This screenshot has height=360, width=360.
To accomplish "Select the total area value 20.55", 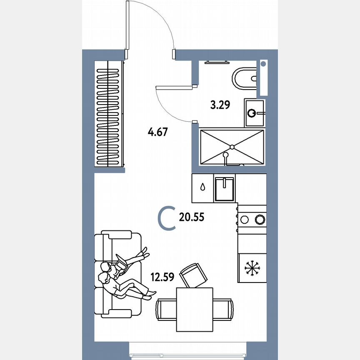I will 192,217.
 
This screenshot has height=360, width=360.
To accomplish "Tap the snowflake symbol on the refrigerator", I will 251,267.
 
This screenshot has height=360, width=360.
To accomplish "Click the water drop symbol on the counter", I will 202,187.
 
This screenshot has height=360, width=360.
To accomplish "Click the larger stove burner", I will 260,218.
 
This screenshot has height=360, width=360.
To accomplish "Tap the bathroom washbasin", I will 254,112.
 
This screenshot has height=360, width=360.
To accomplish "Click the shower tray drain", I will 232,146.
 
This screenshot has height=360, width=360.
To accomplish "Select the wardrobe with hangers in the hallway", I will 109,114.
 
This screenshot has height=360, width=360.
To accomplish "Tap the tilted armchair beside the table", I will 193,275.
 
